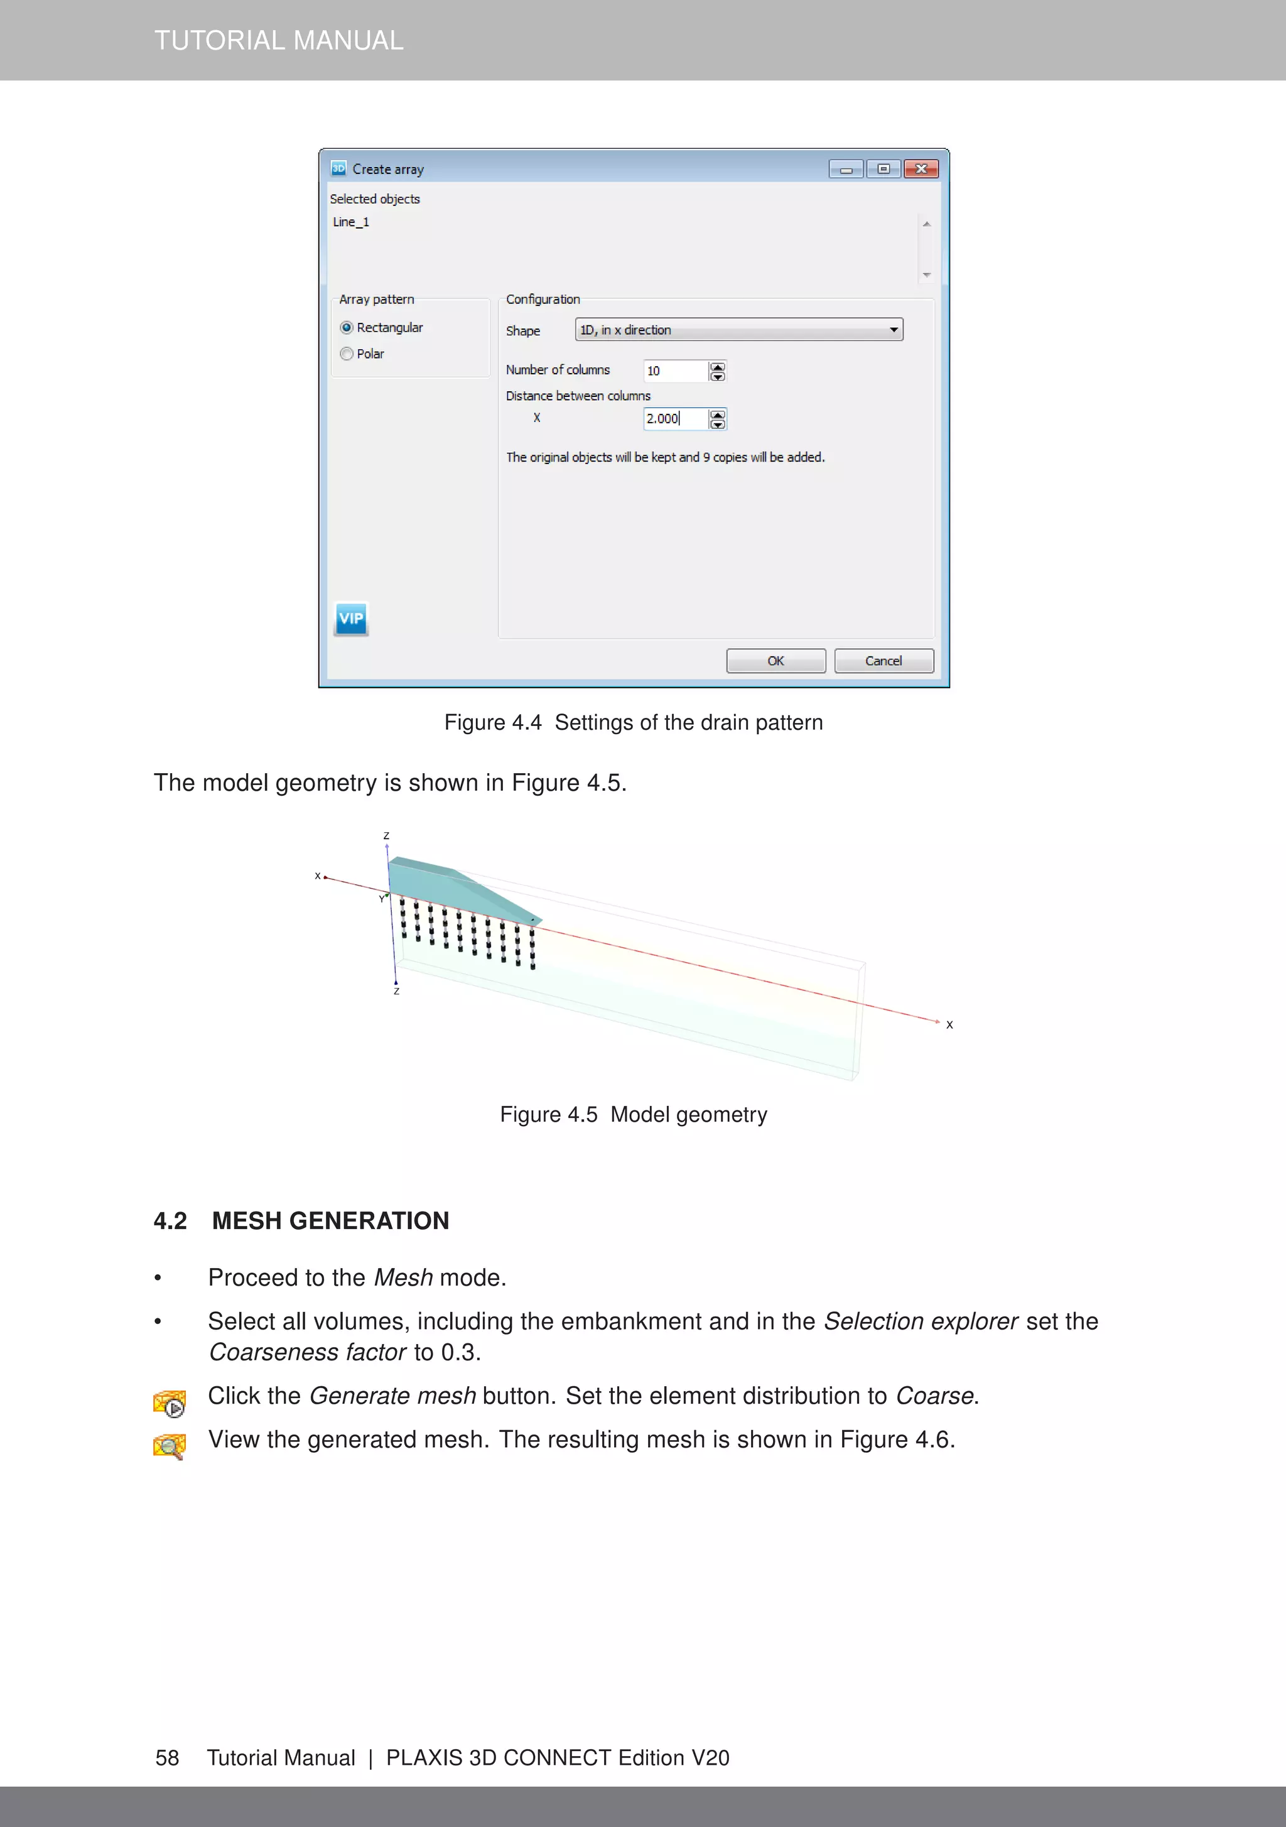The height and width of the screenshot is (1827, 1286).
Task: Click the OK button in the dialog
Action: (x=775, y=661)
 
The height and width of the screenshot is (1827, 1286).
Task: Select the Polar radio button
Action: (x=347, y=354)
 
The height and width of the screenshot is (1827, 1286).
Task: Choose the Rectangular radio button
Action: (x=347, y=328)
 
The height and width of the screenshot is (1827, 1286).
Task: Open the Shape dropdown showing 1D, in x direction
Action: (x=738, y=330)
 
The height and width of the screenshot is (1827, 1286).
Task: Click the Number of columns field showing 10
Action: (x=675, y=371)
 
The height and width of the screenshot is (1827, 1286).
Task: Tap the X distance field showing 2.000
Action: (x=675, y=418)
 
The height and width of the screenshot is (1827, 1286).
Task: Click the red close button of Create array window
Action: (x=921, y=169)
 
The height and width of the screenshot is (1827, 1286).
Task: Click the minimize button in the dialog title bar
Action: (x=846, y=169)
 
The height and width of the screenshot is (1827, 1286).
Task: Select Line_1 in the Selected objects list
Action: (x=351, y=222)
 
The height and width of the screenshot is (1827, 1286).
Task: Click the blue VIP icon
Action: (x=351, y=618)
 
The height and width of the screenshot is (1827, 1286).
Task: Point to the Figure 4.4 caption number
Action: (x=526, y=722)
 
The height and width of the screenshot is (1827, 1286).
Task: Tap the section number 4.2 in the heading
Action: (x=170, y=1221)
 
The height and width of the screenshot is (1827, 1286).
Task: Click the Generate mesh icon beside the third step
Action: (x=170, y=1404)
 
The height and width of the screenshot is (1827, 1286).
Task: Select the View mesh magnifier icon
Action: (x=170, y=1446)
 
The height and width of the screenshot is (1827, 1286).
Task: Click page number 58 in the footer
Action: (x=167, y=1758)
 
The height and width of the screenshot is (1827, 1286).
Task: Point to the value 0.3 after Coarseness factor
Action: (x=458, y=1352)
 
